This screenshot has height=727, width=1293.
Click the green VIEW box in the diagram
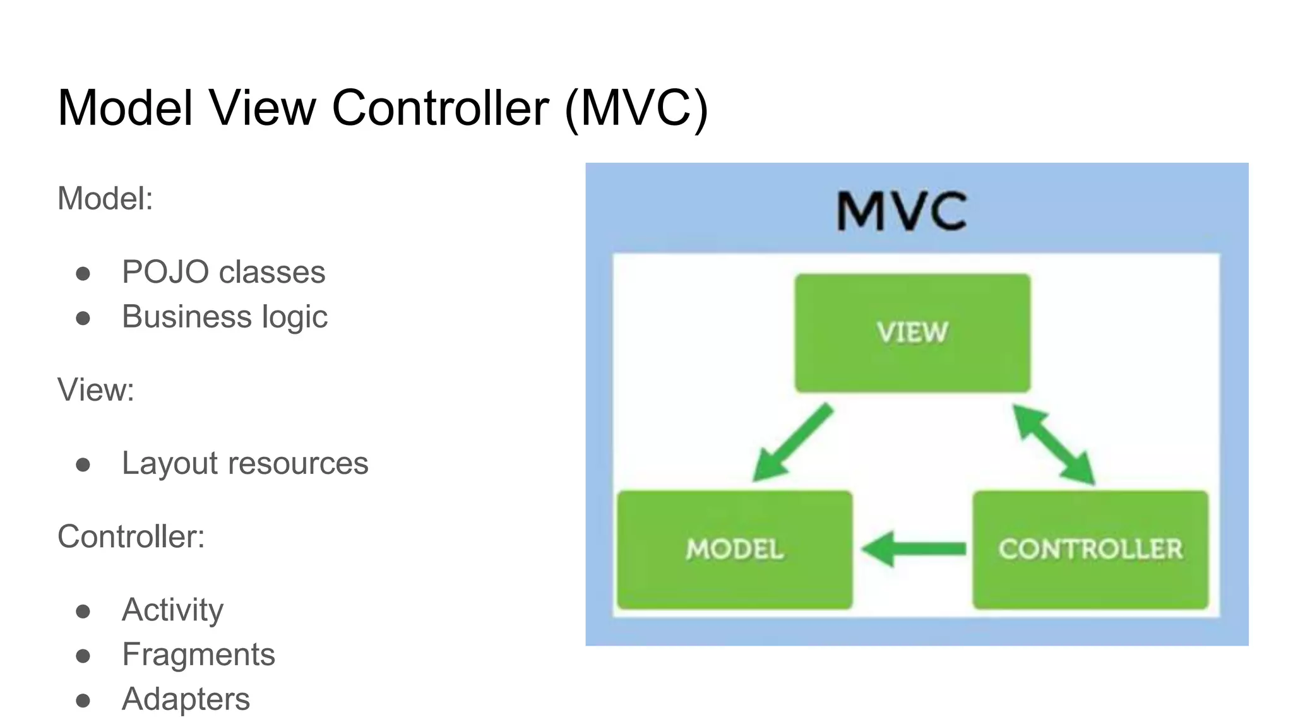(x=912, y=333)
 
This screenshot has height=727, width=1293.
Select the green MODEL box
(x=734, y=549)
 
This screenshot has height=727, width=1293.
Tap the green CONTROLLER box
(x=1090, y=549)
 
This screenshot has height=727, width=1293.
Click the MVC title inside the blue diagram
(x=902, y=211)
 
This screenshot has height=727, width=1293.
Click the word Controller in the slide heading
(x=440, y=108)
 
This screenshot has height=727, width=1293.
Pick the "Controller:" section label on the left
(x=131, y=536)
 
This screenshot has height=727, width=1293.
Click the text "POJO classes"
(x=223, y=272)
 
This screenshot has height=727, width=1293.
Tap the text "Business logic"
(x=225, y=317)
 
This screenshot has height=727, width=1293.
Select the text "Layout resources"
(x=245, y=463)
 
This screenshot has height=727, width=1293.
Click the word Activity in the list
(x=172, y=610)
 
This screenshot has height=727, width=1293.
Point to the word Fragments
(x=198, y=654)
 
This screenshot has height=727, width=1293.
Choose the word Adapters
(x=186, y=699)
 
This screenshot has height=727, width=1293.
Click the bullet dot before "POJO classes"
(x=83, y=274)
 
